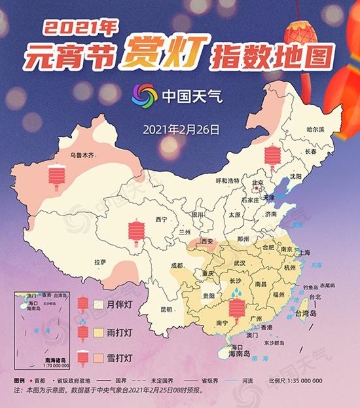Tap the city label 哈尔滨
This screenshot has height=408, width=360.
(315, 130)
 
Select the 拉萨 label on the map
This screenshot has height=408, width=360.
(99, 262)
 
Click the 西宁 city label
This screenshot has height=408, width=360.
(162, 219)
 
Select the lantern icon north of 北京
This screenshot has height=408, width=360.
(271, 158)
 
